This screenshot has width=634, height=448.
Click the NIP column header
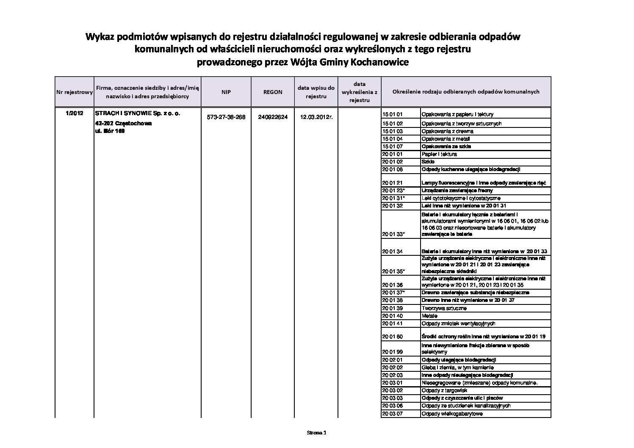pyautogui.click(x=226, y=92)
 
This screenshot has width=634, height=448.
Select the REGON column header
pyautogui.click(x=273, y=92)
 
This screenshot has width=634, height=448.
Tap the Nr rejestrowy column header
pyautogui.click(x=75, y=92)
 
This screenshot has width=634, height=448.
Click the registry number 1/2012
pyautogui.click(x=75, y=113)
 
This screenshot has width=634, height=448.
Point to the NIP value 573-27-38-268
pyautogui.click(x=226, y=117)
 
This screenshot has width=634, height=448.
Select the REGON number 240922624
pyautogui.click(x=273, y=117)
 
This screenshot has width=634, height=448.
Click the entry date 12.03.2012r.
pyautogui.click(x=316, y=117)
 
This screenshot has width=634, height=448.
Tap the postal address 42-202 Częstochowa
pyautogui.click(x=123, y=124)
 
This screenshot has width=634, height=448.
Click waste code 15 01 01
pyautogui.click(x=392, y=114)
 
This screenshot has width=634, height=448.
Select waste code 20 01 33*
pyautogui.click(x=393, y=234)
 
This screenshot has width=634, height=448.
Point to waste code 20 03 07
pyautogui.click(x=392, y=414)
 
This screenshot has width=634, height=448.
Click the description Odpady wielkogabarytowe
pyautogui.click(x=452, y=414)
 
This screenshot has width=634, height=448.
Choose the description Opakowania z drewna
pyautogui.click(x=447, y=131)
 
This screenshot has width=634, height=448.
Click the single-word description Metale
pyautogui.click(x=429, y=316)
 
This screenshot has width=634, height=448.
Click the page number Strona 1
pyautogui.click(x=317, y=433)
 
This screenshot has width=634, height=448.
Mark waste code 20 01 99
pyautogui.click(x=392, y=351)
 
